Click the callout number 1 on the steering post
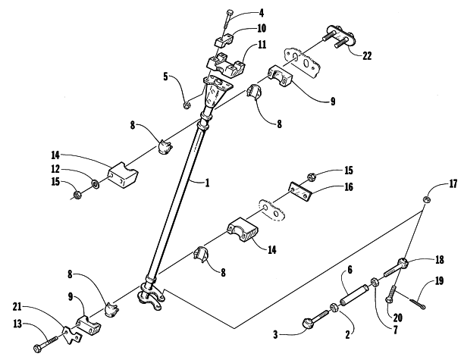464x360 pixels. (208, 183)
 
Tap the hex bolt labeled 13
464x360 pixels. (45, 344)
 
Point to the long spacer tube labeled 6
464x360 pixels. (355, 294)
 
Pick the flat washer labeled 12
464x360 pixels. (96, 184)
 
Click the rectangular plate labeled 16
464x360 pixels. (300, 192)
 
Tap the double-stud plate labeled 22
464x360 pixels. (340, 36)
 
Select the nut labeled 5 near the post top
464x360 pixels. (187, 105)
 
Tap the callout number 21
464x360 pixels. (17, 306)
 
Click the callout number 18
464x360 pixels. (440, 260)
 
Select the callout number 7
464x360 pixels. (395, 329)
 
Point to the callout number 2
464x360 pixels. (347, 334)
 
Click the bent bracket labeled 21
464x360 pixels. (71, 335)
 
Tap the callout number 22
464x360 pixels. (367, 55)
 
